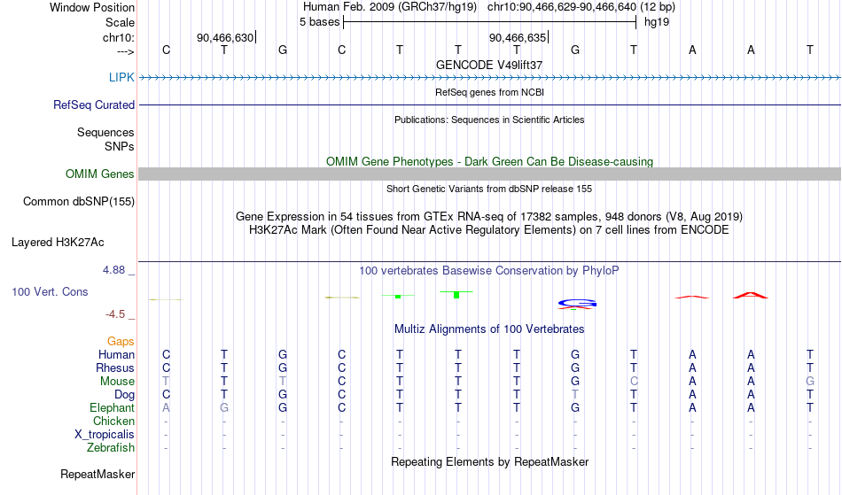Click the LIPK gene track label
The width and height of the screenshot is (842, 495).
coord(121,77)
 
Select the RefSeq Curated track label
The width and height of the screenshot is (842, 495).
coord(94,104)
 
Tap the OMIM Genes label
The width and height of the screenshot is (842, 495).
coord(100,174)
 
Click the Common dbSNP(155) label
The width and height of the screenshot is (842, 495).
coord(79,202)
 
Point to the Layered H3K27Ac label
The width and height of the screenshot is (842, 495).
coord(58,243)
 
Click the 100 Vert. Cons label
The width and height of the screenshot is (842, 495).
coord(50,291)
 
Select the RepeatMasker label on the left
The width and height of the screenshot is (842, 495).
coord(97,474)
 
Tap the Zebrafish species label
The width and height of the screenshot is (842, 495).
coord(111,447)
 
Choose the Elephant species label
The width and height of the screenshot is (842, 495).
coord(113,407)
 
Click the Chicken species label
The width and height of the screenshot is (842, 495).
coord(113,421)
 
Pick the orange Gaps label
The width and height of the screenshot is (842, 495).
coord(121,341)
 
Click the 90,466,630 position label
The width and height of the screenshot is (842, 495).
coord(225,37)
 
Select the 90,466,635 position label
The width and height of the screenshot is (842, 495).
coord(518,37)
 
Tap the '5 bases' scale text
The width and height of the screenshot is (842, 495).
coord(319,22)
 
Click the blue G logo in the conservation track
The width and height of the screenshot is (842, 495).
coord(577,304)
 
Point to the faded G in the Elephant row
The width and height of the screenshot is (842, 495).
coord(224,407)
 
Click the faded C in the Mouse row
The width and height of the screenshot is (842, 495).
coord(634,382)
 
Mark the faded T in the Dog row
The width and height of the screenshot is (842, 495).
coord(575,395)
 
